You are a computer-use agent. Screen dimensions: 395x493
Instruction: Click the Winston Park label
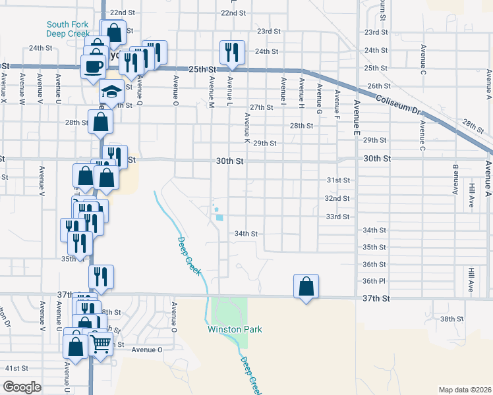click(235, 329)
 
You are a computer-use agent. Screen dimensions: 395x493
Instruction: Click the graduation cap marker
click(112, 93)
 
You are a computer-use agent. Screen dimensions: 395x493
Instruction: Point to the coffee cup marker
click(93, 66)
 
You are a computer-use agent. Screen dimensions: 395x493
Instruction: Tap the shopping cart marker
click(100, 344)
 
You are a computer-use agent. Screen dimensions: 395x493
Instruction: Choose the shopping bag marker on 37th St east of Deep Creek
click(306, 287)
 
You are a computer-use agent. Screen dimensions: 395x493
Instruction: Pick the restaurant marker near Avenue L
click(232, 52)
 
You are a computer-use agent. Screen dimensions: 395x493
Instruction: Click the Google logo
click(22, 387)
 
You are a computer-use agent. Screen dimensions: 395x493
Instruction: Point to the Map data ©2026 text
click(465, 389)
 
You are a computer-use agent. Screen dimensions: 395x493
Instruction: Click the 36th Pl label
click(374, 281)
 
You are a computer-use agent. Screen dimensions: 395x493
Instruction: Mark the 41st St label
click(17, 368)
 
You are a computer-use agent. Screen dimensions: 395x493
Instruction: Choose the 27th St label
click(261, 107)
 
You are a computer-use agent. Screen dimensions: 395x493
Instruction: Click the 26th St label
click(380, 86)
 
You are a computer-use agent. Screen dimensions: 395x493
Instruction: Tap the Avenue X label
click(4, 87)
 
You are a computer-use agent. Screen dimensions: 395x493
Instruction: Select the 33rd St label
click(337, 217)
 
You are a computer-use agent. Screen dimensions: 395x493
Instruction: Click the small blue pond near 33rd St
click(219, 217)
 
